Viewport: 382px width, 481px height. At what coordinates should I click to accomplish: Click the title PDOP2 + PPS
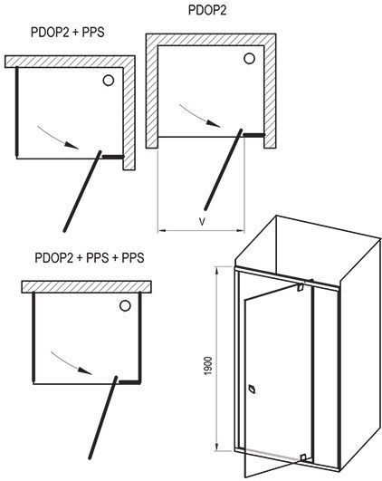(68, 33)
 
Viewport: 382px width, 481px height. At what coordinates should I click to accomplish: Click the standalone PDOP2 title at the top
(207, 10)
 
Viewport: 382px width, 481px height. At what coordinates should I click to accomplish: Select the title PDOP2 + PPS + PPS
(90, 257)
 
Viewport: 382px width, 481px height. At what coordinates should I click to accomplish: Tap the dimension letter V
(202, 222)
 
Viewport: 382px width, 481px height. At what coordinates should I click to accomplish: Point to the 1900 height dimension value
(208, 366)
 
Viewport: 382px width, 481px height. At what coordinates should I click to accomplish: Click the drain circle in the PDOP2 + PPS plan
(109, 81)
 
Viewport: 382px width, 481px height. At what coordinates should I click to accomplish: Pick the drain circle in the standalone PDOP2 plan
(249, 58)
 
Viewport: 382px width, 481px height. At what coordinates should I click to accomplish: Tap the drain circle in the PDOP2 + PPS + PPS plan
(125, 305)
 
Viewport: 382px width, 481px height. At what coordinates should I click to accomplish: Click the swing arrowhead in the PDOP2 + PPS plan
(72, 145)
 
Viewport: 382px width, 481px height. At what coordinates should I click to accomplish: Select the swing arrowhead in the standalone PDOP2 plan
(214, 123)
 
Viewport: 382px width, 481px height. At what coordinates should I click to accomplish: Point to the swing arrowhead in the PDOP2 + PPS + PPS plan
(85, 370)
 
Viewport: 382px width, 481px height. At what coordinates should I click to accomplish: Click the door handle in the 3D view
(253, 389)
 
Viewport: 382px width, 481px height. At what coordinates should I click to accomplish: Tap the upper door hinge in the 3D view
(300, 287)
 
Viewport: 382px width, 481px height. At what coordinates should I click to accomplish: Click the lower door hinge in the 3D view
(303, 457)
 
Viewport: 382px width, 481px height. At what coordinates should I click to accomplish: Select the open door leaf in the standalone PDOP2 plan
(224, 169)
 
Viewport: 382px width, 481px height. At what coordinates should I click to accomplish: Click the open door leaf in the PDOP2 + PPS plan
(82, 191)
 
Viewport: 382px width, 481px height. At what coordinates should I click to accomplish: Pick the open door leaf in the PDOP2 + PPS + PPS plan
(103, 418)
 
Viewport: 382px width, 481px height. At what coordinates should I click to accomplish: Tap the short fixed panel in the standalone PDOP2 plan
(253, 135)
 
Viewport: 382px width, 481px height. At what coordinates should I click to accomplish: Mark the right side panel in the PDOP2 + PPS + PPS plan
(140, 337)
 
